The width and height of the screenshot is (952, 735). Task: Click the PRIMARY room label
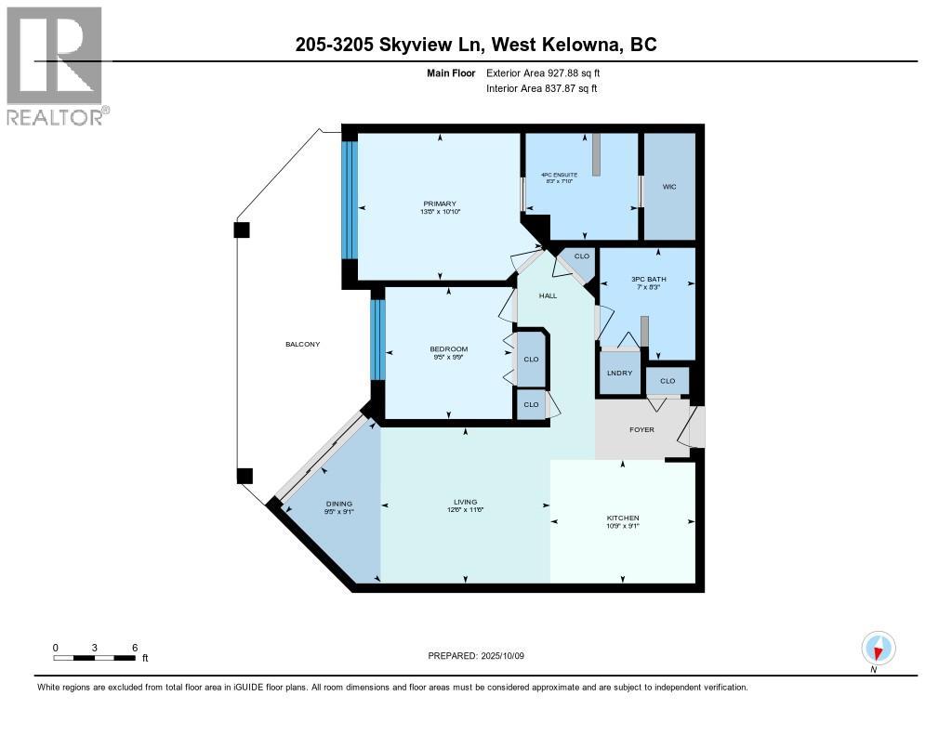[440, 203]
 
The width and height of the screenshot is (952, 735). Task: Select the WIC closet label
[668, 187]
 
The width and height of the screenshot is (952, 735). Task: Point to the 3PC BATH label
[647, 279]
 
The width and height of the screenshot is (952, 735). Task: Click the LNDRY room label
[619, 373]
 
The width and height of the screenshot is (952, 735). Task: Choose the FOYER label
[641, 429]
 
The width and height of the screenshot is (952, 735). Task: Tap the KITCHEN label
[623, 518]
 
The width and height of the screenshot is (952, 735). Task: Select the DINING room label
[338, 504]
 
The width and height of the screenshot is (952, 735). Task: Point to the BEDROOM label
[449, 348]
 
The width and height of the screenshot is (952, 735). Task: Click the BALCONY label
[302, 345]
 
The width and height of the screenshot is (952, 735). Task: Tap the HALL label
[549, 295]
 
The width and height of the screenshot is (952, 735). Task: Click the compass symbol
[879, 648]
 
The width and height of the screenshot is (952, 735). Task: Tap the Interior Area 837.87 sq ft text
[542, 88]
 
